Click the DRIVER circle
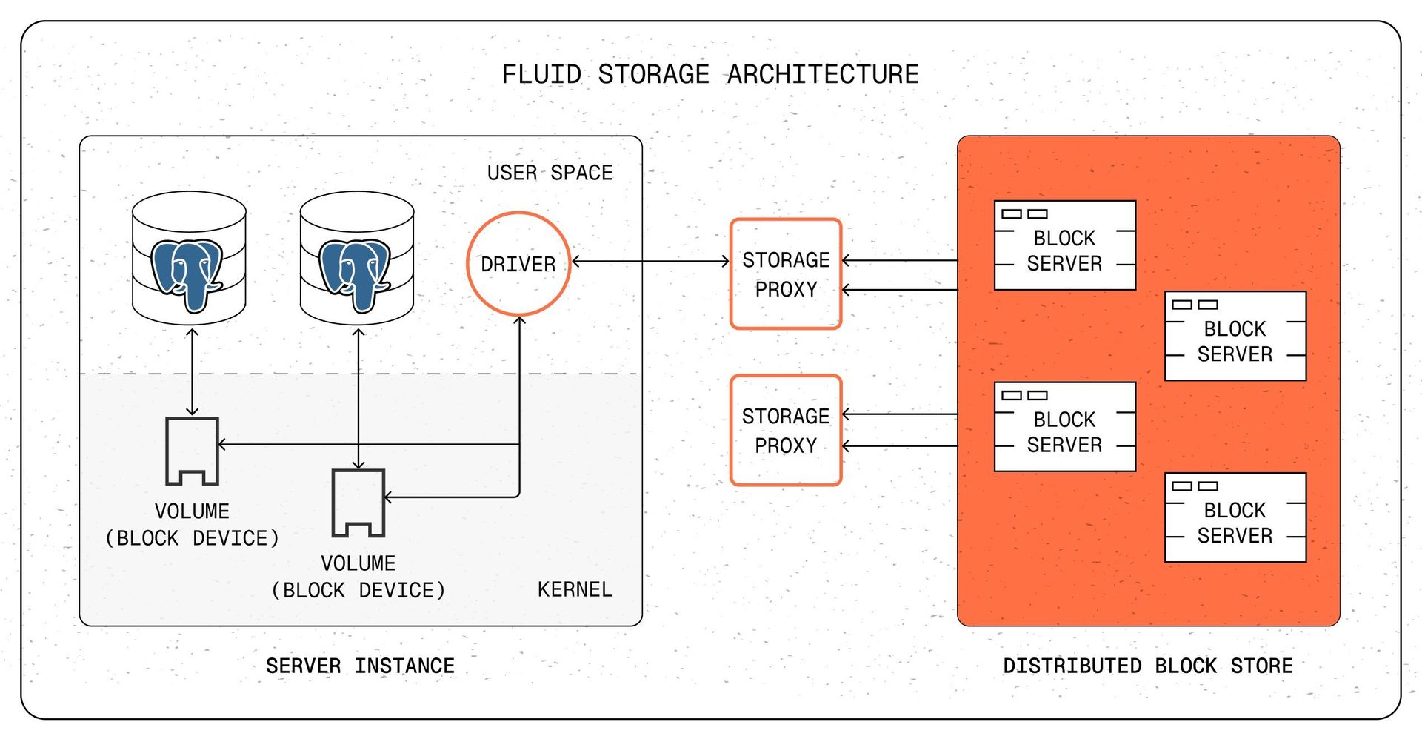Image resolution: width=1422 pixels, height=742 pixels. (518, 264)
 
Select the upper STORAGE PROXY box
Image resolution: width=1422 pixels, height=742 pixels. (786, 274)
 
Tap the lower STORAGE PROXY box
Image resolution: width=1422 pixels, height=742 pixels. (786, 430)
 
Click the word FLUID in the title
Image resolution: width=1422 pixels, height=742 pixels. (541, 75)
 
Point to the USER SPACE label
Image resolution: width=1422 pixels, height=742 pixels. (550, 173)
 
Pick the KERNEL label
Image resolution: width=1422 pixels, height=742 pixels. (575, 589)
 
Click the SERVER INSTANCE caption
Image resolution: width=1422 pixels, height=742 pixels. (360, 666)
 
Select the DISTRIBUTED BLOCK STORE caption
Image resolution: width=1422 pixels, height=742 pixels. (1147, 666)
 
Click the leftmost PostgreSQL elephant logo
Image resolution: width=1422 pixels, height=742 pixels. (187, 274)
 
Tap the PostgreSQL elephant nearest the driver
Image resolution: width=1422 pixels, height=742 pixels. (355, 274)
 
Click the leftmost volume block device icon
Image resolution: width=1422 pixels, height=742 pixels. (192, 451)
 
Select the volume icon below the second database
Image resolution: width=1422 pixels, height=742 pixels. (358, 503)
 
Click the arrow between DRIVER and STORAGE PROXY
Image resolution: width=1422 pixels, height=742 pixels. (650, 261)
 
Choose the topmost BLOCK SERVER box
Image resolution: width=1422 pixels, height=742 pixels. (1064, 245)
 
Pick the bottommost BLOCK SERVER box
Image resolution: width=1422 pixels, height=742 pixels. (1235, 517)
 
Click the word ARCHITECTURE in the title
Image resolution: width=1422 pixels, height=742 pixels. (823, 75)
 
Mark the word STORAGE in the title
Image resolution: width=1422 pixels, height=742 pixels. (653, 75)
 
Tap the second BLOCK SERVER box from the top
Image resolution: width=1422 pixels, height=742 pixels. (1235, 336)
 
